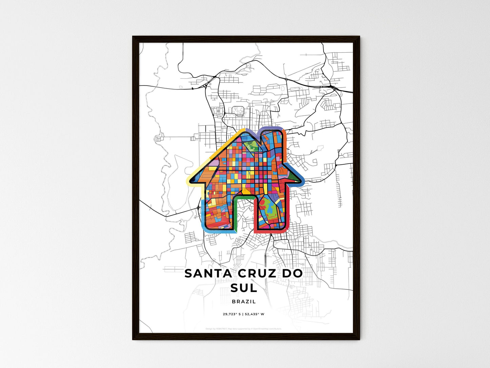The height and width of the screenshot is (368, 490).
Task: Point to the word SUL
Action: pyautogui.click(x=243, y=288)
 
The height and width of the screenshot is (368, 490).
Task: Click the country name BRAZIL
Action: pyautogui.click(x=244, y=301)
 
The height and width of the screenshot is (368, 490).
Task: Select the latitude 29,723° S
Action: pyautogui.click(x=232, y=314)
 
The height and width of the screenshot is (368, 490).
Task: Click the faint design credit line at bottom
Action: pyautogui.click(x=243, y=329)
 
